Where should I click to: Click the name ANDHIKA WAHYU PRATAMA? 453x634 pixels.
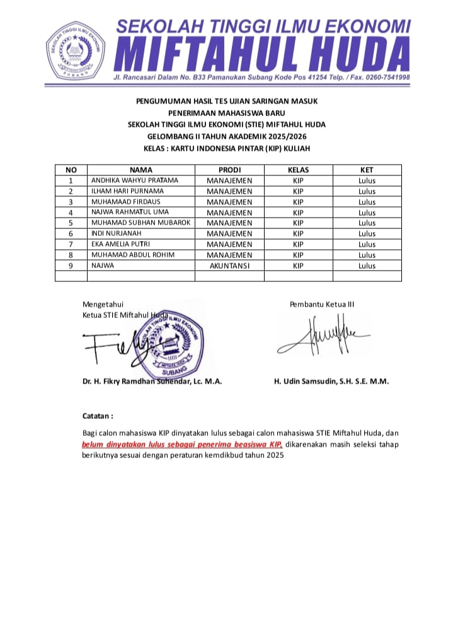[135, 180]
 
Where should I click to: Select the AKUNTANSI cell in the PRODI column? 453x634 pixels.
[229, 266]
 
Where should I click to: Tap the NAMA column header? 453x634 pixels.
[141, 170]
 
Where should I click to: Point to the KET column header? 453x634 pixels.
[367, 170]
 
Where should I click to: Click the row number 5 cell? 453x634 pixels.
[71, 223]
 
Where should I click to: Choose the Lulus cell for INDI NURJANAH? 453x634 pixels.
[367, 233]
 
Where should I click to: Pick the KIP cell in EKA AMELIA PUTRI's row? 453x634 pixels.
[298, 244]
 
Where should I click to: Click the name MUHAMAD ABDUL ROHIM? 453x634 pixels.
[133, 255]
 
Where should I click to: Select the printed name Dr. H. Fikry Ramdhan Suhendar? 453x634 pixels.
[151, 381]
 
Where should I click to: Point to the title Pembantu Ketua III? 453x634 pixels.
[322, 304]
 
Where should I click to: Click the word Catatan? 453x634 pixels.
[98, 416]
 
